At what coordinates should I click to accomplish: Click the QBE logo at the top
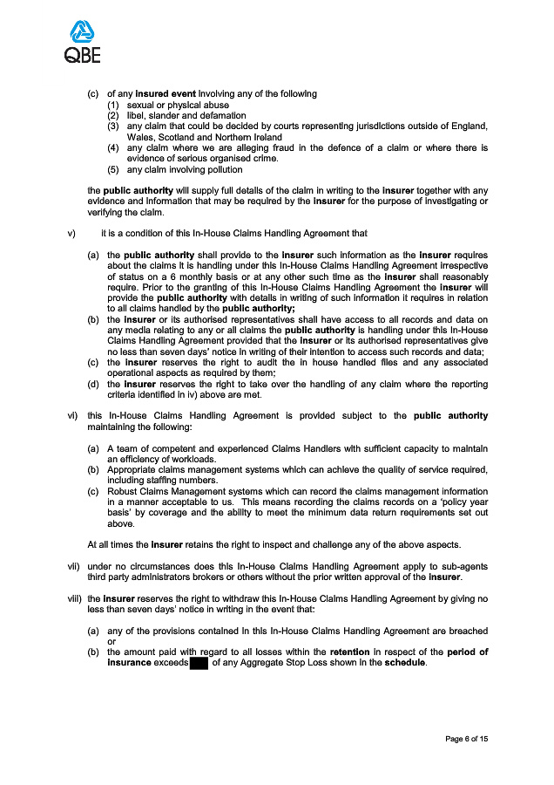point(82,42)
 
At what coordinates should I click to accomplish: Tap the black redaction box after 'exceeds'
point(199,663)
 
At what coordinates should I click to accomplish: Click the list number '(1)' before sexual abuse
point(112,105)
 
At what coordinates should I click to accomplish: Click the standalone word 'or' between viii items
point(111,641)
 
